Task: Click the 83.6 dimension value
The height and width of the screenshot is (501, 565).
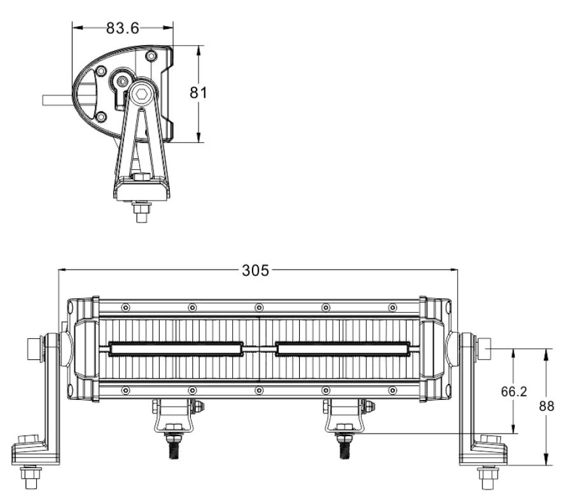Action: pyautogui.click(x=123, y=27)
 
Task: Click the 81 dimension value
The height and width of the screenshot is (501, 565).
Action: pyautogui.click(x=199, y=92)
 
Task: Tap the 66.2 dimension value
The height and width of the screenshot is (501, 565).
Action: pyautogui.click(x=513, y=392)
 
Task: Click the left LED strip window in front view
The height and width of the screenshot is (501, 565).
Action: pyautogui.click(x=176, y=348)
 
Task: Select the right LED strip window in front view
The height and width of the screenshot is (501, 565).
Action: pyautogui.click(x=342, y=348)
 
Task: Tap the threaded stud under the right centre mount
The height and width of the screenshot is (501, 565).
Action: pyautogui.click(x=344, y=446)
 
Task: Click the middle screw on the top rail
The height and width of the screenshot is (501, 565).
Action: pyautogui.click(x=258, y=308)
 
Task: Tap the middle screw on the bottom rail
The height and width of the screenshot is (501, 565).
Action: pyautogui.click(x=258, y=389)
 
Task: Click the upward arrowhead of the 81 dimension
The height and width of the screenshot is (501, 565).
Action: pyautogui.click(x=199, y=48)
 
